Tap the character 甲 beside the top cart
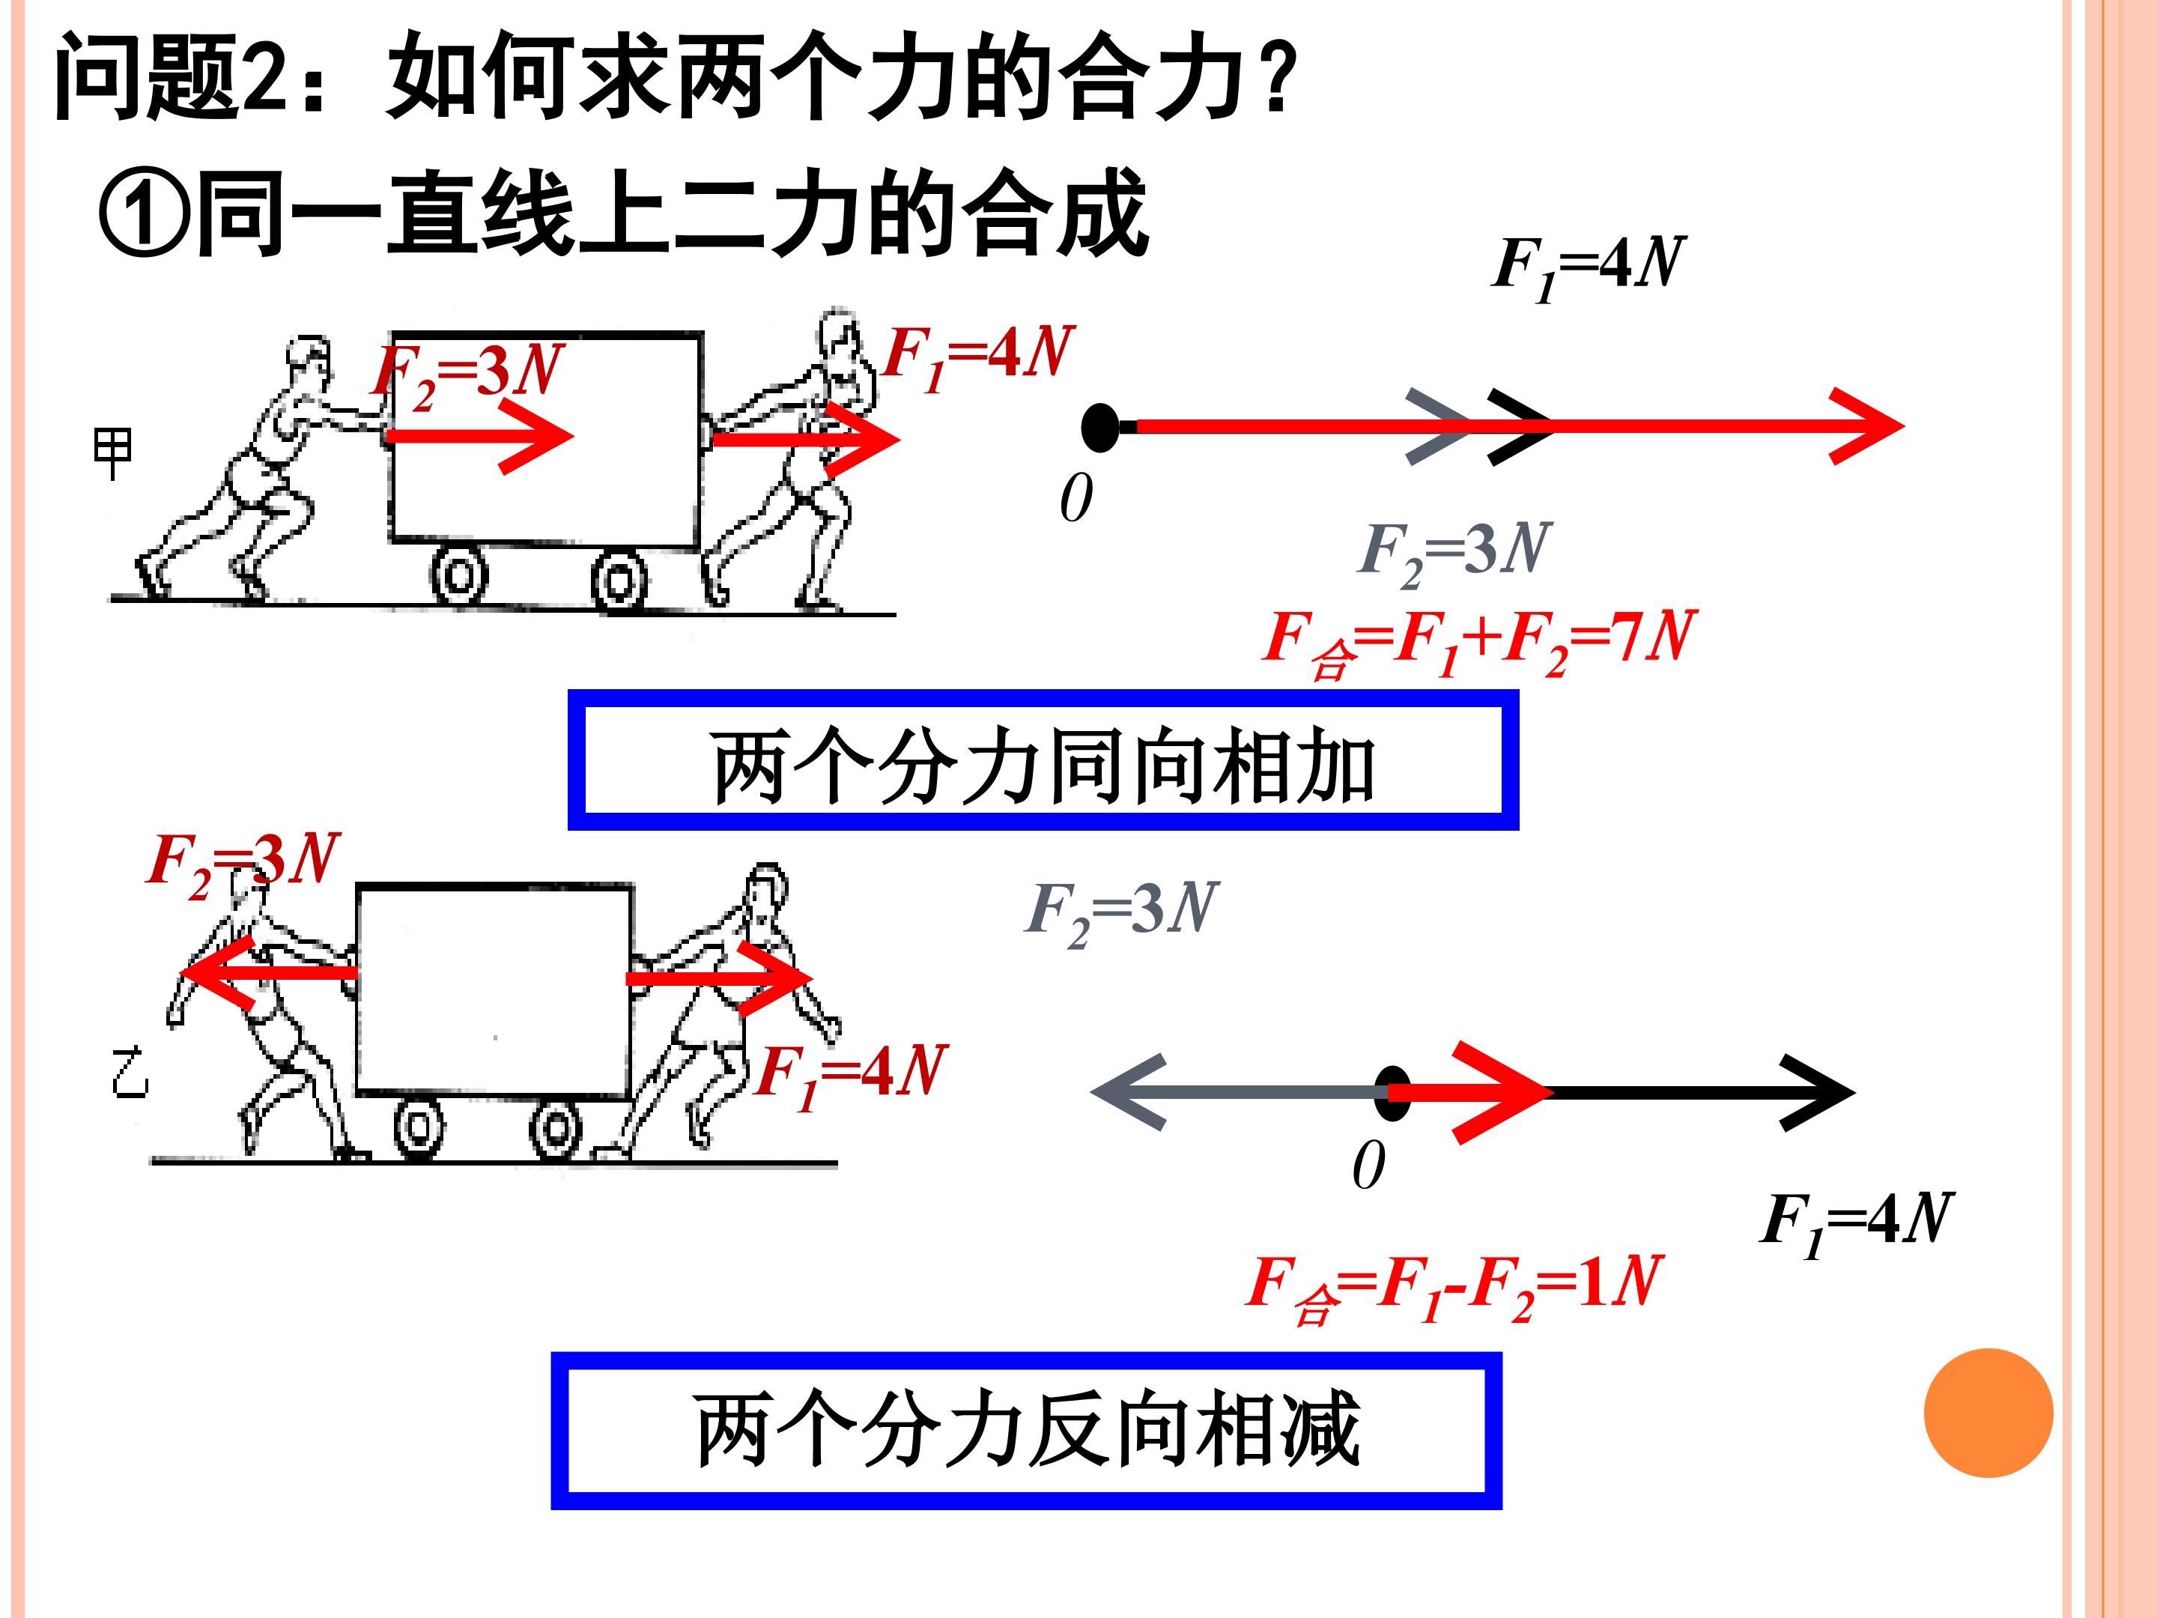[112, 452]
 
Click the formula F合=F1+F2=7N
[1478, 640]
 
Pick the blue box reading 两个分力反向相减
[1026, 1430]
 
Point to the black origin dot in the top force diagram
[1101, 427]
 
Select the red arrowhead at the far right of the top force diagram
[1866, 426]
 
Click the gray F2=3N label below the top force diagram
[1453, 551]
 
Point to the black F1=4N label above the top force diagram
[1588, 266]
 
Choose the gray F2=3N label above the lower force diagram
[1121, 911]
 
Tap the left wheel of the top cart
[459, 575]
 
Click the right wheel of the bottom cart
[556, 1130]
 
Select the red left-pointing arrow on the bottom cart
[268, 973]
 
